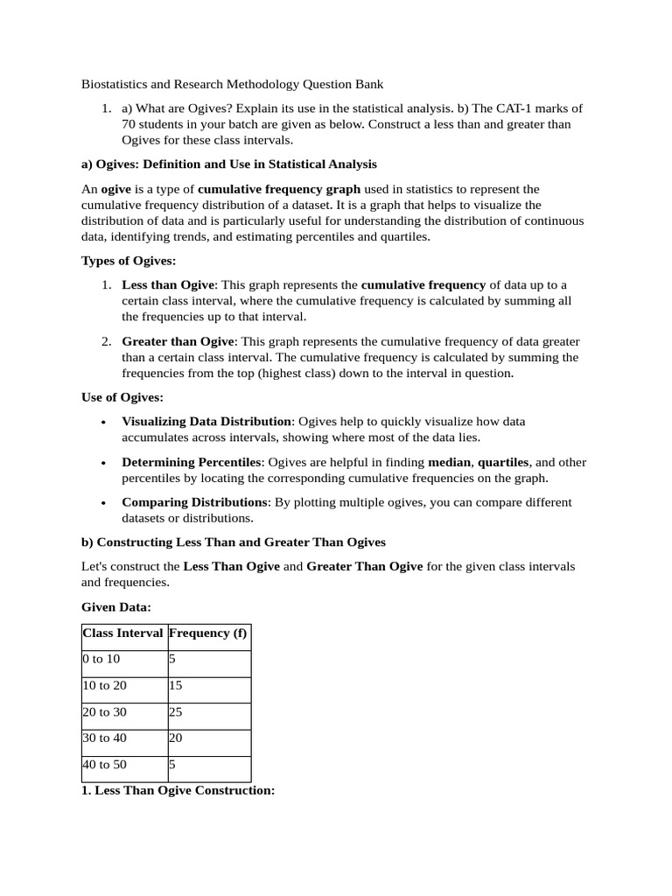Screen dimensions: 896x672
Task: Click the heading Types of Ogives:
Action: pyautogui.click(x=129, y=261)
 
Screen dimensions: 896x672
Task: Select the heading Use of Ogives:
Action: pyautogui.click(x=122, y=398)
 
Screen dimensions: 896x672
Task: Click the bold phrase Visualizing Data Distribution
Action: pyautogui.click(x=206, y=421)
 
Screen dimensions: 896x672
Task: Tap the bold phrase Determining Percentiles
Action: pyautogui.click(x=192, y=462)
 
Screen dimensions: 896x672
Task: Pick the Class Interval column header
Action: pyautogui.click(x=122, y=633)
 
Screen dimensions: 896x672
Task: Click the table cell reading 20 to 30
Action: pyautogui.click(x=104, y=711)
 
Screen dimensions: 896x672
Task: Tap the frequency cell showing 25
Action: pyautogui.click(x=176, y=711)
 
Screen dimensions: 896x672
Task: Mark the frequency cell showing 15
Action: pyautogui.click(x=176, y=685)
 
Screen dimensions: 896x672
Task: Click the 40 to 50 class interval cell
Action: pyautogui.click(x=104, y=764)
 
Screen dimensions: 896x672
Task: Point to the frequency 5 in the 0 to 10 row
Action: pyautogui.click(x=172, y=659)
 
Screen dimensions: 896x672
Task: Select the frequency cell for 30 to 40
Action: pyautogui.click(x=176, y=738)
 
